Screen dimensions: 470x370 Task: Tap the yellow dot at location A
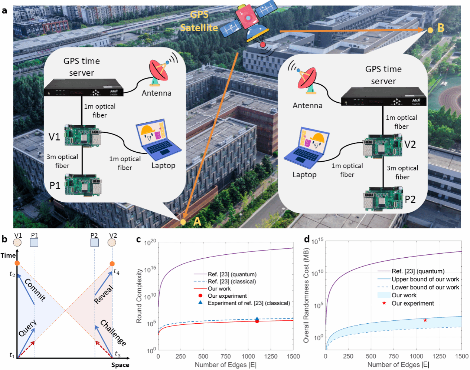(183, 222)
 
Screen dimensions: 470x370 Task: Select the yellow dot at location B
(430, 30)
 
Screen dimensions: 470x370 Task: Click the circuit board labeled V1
(83, 135)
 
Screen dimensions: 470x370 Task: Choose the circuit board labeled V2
(382, 146)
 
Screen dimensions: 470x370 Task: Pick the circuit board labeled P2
(383, 198)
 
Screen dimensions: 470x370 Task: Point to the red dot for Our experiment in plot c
(257, 321)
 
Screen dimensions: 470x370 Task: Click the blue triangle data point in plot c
(257, 319)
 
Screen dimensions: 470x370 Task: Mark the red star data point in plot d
(425, 320)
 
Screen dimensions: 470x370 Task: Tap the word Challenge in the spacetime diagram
(113, 333)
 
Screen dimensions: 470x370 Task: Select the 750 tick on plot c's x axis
(225, 356)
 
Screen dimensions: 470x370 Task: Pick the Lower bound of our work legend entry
(418, 287)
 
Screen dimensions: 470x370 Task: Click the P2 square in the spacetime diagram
(95, 242)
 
